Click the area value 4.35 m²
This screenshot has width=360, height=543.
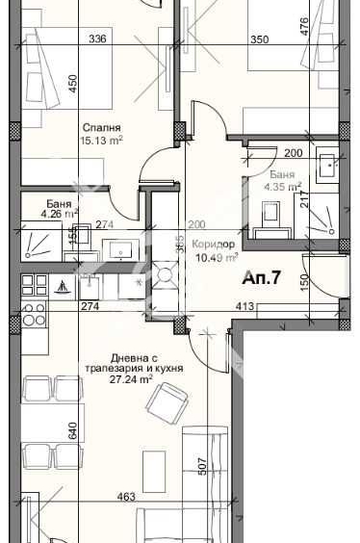[286, 187]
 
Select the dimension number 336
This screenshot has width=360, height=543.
[97, 39]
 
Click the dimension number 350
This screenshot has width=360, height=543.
[260, 39]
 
